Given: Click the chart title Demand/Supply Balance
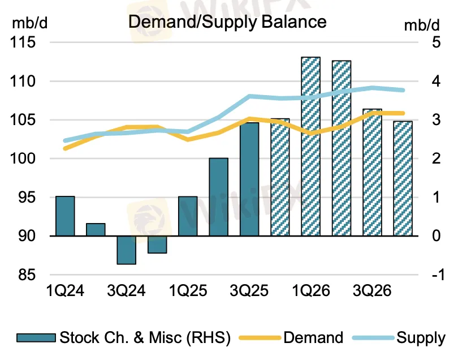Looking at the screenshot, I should (227, 22).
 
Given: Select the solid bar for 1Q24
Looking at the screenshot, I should (65, 216).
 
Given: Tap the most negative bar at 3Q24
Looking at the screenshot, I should (126, 250).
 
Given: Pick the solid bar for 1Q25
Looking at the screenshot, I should (188, 216).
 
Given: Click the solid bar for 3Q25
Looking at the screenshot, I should (249, 179).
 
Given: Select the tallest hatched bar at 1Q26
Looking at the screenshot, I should (310, 146).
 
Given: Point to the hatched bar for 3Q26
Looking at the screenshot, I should (371, 172).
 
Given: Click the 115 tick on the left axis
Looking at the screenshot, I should (22, 42).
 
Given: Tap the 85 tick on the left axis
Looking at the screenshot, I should (25, 275).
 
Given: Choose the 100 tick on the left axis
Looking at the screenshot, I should (22, 158).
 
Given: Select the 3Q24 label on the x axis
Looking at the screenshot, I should (126, 291).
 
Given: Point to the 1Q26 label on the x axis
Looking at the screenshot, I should (310, 291).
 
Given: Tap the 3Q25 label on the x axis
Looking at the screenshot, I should (249, 291).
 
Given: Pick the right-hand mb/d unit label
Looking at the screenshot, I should (421, 24).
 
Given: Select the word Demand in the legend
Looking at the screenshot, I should (313, 338).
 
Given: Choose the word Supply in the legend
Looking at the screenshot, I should (420, 338).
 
